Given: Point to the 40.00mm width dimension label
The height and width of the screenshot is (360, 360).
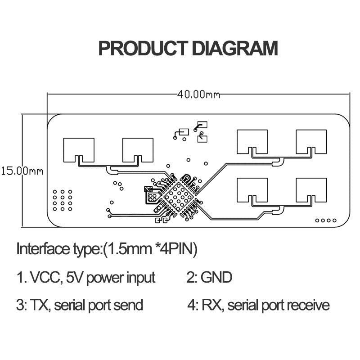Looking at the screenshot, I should tap(198, 94).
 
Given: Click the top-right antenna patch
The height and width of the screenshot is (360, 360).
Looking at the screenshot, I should tap(311, 141).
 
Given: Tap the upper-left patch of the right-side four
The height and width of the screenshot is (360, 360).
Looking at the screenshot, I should tap(252, 141).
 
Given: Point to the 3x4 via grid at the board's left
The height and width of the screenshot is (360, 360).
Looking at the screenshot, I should tap(62, 200).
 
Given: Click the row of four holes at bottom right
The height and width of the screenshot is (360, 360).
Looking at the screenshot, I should tap(326, 220).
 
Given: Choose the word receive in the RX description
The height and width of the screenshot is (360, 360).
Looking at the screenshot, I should tap(308, 306).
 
